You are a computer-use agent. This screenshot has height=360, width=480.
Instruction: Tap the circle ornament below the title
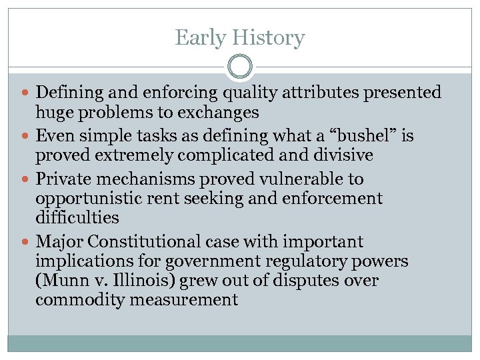tap(240, 67)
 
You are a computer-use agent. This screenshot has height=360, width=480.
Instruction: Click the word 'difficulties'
tap(77, 218)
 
